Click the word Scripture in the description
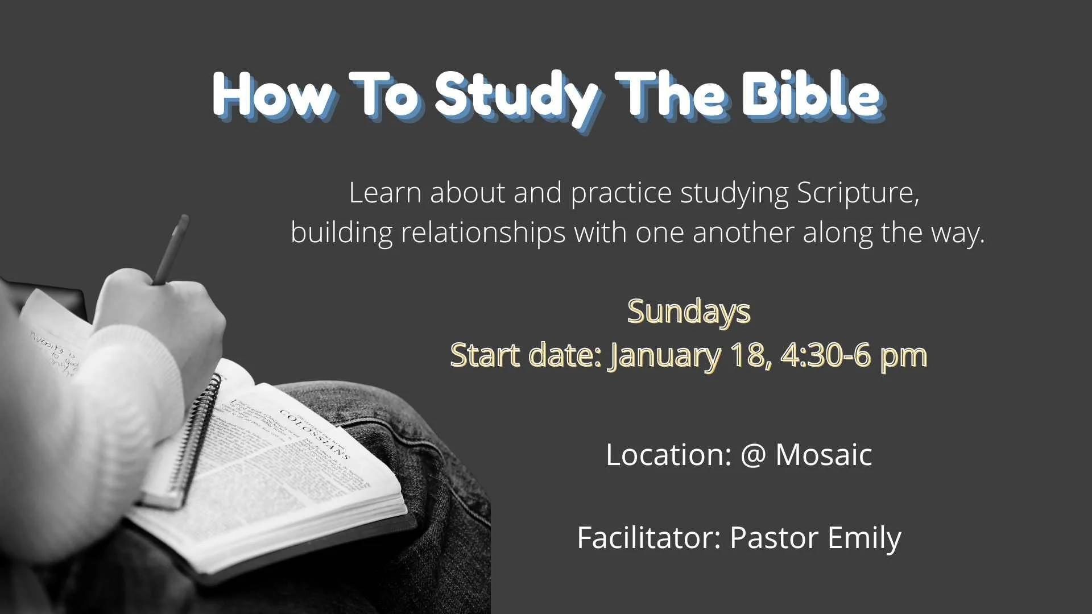tap(857, 193)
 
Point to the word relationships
tap(483, 233)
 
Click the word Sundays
tap(689, 312)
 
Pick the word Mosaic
tap(824, 455)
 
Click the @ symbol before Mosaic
tap(754, 455)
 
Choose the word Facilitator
tap(649, 538)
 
